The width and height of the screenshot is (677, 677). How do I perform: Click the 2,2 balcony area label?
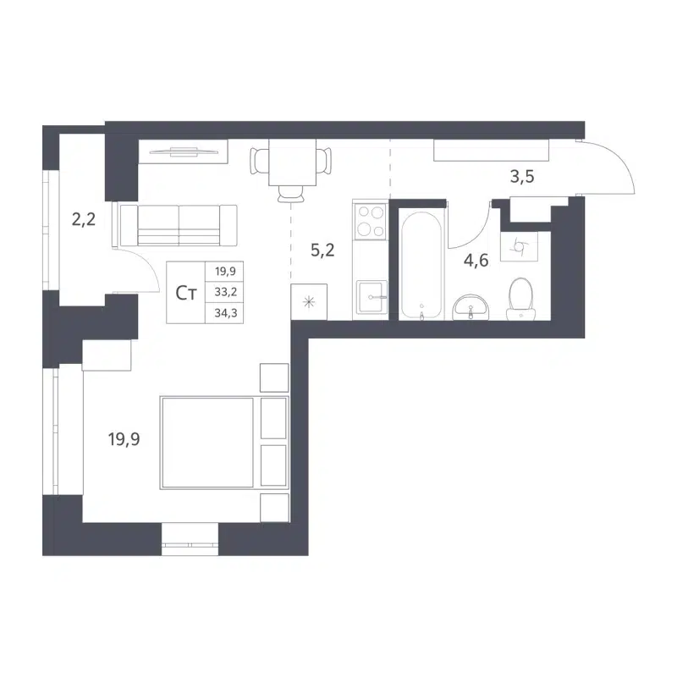click(83, 220)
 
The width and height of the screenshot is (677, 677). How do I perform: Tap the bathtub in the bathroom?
click(421, 264)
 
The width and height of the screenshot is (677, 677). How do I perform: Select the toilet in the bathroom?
click(519, 300)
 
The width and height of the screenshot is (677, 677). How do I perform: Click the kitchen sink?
click(370, 297)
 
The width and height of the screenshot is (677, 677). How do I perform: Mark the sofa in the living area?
click(178, 226)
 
